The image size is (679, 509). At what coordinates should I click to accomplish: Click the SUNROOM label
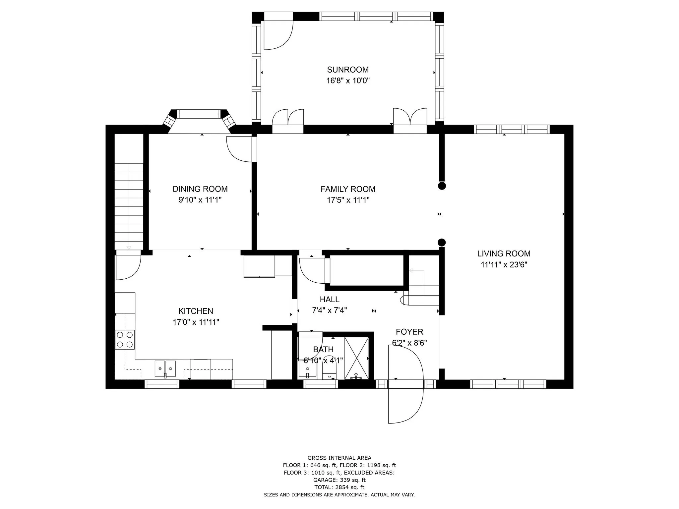[x=348, y=70]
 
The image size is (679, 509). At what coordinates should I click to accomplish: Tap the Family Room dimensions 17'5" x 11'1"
[x=348, y=200]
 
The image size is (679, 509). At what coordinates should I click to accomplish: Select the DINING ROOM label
[x=200, y=189]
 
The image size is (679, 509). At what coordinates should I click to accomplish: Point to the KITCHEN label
[x=196, y=311]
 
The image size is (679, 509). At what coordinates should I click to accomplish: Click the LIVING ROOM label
[x=504, y=254]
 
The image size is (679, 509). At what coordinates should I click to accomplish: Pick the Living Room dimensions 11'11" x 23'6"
[x=504, y=264]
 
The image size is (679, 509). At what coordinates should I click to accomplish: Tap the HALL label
[x=330, y=299]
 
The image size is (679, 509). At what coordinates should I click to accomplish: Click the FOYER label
[x=409, y=332]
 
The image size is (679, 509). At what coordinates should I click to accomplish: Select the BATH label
[x=323, y=349]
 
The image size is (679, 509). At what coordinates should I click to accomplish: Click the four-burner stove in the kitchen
[x=125, y=340]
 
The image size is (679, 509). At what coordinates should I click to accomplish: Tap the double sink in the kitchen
[x=165, y=368]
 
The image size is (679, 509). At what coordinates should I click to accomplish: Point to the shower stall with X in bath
[x=356, y=358]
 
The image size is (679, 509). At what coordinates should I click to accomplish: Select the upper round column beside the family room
[x=442, y=186]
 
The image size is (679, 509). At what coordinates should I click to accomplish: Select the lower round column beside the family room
[x=442, y=242]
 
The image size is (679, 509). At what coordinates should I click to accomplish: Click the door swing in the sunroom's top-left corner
[x=278, y=35]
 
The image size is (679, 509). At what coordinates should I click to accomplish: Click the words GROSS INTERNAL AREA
[x=339, y=458]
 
